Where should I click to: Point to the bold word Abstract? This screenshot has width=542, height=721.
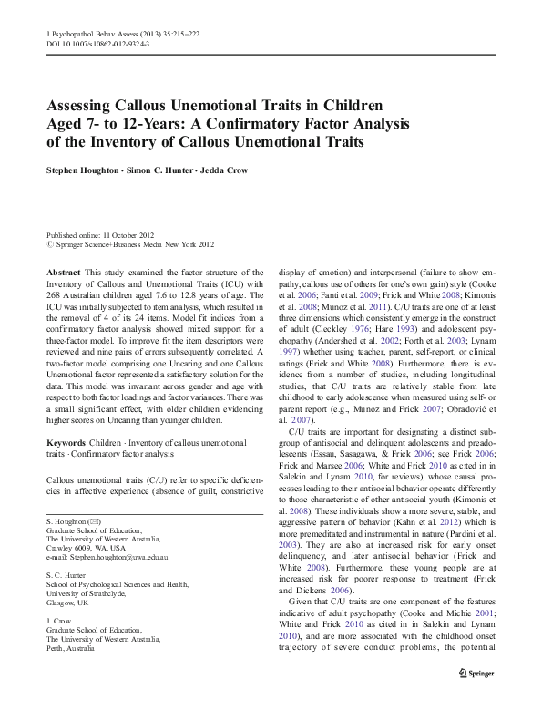click(64, 273)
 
